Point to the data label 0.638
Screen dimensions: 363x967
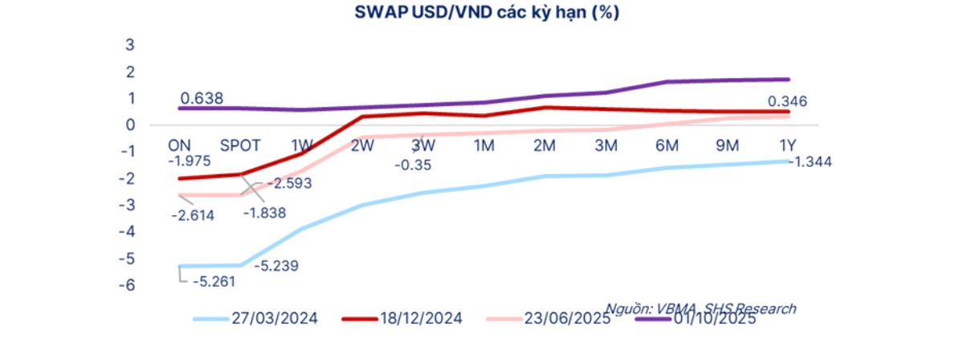pos(202,99)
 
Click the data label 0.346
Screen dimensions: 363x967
pos(787,101)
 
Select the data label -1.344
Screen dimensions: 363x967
pos(810,162)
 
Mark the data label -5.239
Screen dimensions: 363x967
pos(276,266)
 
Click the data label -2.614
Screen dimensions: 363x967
pos(193,215)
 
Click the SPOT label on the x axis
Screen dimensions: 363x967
pos(239,145)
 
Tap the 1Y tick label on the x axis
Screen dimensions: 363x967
pos(788,145)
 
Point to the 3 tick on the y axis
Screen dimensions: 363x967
pos(129,44)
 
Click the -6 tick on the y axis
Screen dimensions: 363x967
pos(126,285)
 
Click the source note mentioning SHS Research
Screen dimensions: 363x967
pos(700,308)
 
